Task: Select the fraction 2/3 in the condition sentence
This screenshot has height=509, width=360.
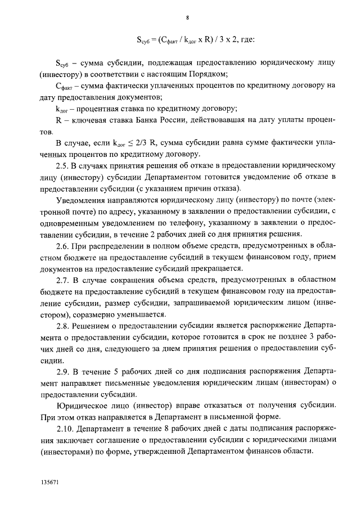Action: coord(139,143)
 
